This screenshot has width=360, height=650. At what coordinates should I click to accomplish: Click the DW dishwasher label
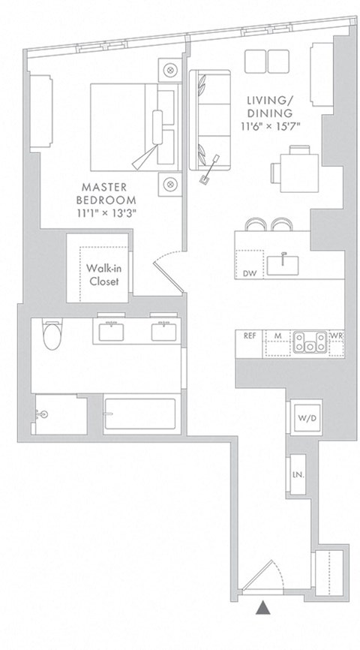point(249,273)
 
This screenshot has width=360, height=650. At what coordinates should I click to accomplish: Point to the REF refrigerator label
point(250,336)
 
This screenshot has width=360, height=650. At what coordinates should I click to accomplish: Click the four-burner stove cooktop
point(310,343)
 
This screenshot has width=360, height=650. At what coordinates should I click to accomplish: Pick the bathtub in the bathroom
point(140,414)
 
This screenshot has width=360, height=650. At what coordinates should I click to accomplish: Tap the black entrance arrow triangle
point(262,609)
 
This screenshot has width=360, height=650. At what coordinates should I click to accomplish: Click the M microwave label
point(277,336)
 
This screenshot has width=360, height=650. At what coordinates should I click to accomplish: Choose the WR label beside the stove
point(337,336)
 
